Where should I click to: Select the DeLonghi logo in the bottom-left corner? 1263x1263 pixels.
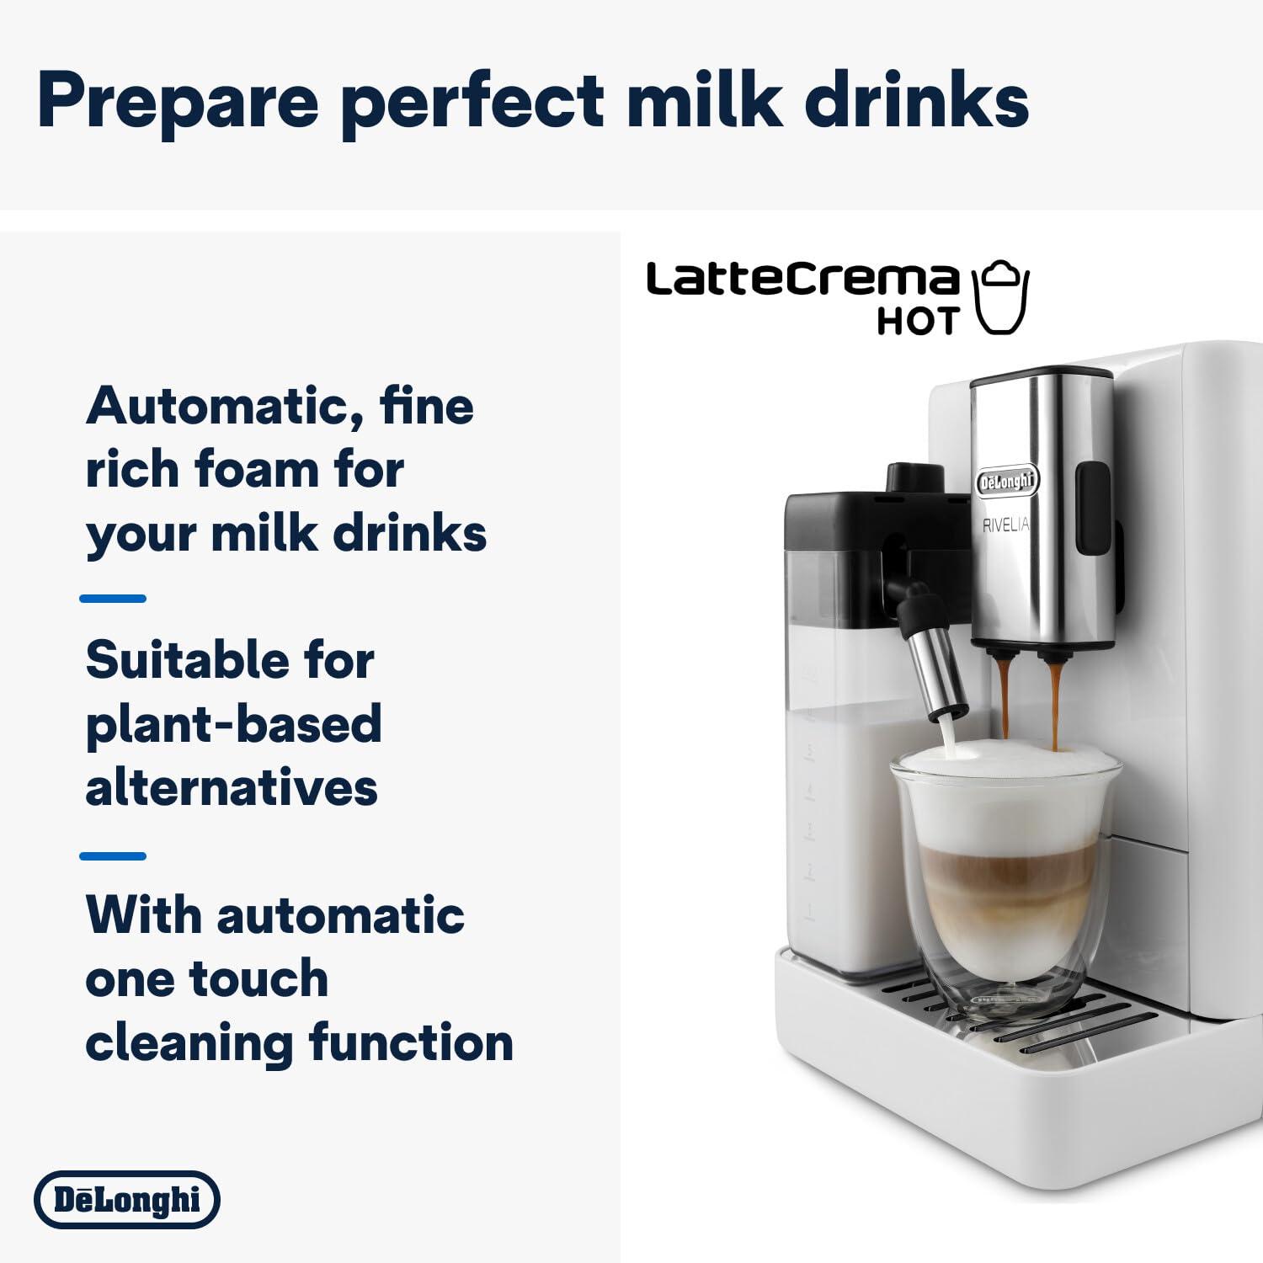pos(127,1199)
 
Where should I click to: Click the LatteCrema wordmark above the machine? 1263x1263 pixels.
pos(802,280)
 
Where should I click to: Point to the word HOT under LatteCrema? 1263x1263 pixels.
pos(918,322)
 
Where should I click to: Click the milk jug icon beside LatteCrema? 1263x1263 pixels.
pos(1001,297)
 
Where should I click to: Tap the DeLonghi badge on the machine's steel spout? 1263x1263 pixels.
pos(1008,482)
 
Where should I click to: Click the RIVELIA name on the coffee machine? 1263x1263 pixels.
pos(1005,525)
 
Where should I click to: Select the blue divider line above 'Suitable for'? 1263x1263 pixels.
pos(113,599)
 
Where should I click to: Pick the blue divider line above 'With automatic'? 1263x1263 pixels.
pos(113,856)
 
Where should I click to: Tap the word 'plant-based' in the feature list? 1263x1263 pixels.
pos(234,726)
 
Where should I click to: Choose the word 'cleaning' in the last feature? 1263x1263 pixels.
pos(189,1044)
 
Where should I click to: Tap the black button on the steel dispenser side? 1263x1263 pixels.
pos(1095,509)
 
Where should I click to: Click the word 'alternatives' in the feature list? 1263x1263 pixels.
pos(232,789)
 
